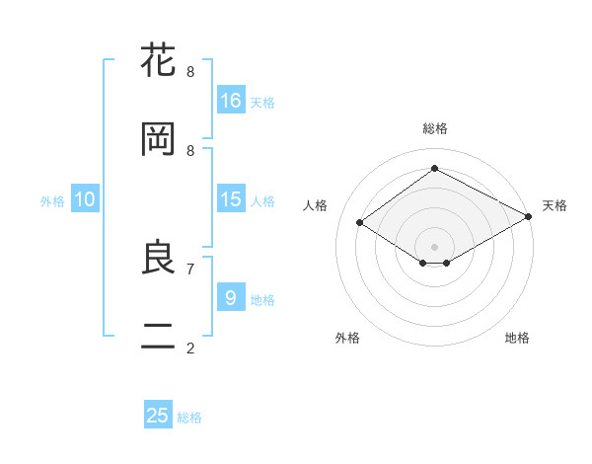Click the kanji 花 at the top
point(159,61)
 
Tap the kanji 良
point(159,258)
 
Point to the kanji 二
point(159,337)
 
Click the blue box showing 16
point(231,100)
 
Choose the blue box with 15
point(231,199)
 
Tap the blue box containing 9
point(231,297)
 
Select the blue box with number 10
point(85,199)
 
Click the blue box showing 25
point(158,416)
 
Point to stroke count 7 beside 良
point(190,269)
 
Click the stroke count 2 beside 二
point(190,348)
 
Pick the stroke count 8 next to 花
point(190,72)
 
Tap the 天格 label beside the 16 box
point(262,102)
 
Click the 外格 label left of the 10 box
point(52,201)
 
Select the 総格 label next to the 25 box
point(189,418)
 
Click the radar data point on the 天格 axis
point(530,217)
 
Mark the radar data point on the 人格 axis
point(360,223)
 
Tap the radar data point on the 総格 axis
point(434,169)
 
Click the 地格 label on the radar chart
point(517,338)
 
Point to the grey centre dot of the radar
point(434,246)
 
